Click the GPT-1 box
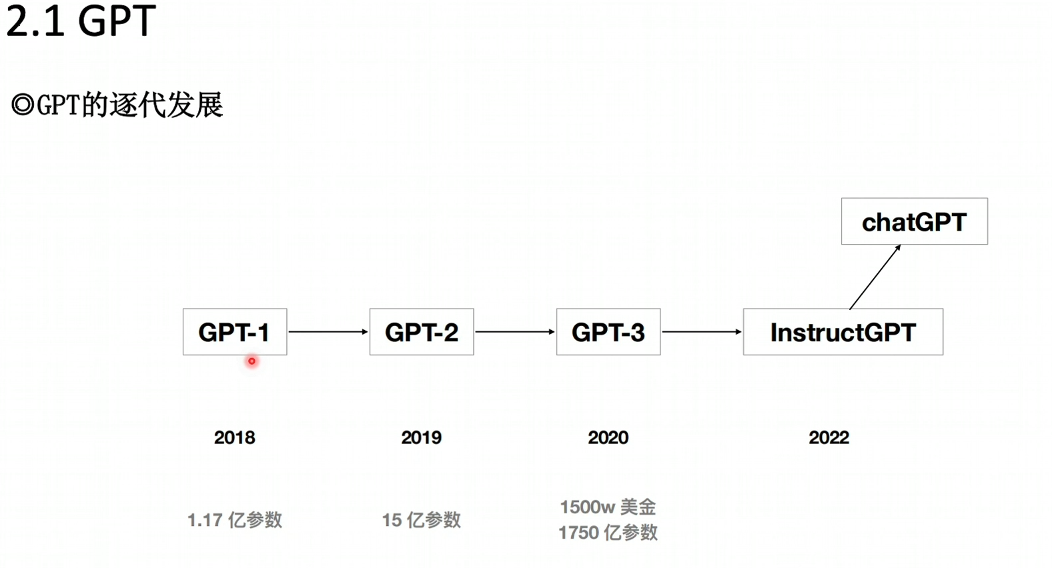(235, 332)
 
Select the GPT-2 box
(422, 332)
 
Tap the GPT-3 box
(608, 332)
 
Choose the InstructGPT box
(843, 332)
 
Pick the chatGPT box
(914, 221)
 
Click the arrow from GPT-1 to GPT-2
(328, 332)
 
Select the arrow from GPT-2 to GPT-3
(515, 332)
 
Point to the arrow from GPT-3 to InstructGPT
(702, 332)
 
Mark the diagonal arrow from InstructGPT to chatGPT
(875, 277)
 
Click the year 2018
(234, 437)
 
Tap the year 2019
(421, 437)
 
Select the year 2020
(608, 437)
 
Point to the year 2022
(829, 437)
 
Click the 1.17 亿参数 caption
(235, 520)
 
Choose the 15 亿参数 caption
(421, 520)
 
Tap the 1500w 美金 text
(608, 507)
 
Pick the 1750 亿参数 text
(608, 533)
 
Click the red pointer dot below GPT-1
(251, 361)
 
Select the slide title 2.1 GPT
(81, 21)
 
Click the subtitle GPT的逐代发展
(117, 105)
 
